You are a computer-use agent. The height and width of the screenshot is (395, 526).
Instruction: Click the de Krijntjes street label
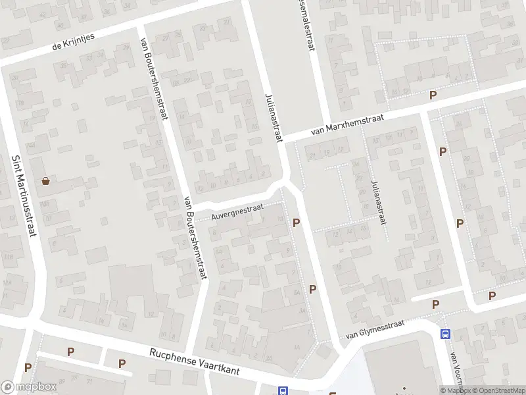[74, 41]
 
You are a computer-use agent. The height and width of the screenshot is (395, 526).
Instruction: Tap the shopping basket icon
[46, 181]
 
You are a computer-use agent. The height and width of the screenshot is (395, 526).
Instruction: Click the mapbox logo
[30, 387]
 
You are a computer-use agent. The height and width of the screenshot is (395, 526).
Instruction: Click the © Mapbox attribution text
[454, 390]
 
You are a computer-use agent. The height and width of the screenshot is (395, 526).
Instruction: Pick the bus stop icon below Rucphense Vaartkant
[283, 390]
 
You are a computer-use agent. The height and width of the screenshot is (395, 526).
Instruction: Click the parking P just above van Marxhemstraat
[433, 95]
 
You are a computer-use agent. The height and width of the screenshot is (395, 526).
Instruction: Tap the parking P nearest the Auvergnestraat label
[297, 223]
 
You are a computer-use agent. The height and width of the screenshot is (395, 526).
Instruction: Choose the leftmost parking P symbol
[28, 367]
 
